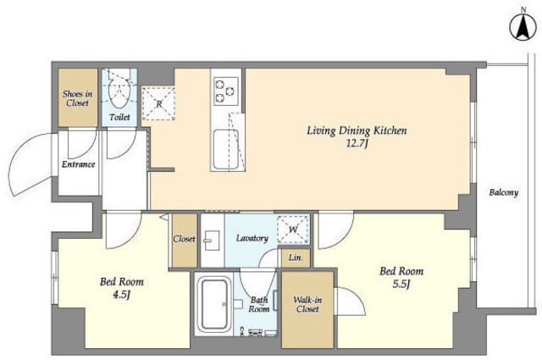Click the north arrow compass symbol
(x=523, y=27)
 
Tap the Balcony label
(x=504, y=192)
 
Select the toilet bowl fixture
(x=119, y=91)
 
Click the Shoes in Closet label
(x=77, y=98)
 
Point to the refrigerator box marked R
(x=158, y=103)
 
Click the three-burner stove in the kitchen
(x=226, y=91)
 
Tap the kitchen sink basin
(x=226, y=149)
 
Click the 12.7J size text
(x=357, y=143)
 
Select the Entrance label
(x=78, y=164)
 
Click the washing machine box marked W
(x=293, y=230)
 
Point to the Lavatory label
(x=252, y=238)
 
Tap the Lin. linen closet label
(x=296, y=258)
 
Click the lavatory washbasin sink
(x=211, y=240)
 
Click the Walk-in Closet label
(x=307, y=304)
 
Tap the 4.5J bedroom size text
(x=121, y=295)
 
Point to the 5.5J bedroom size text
(x=401, y=285)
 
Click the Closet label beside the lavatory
(x=185, y=239)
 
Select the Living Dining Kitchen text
(x=357, y=130)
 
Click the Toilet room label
(x=119, y=117)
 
